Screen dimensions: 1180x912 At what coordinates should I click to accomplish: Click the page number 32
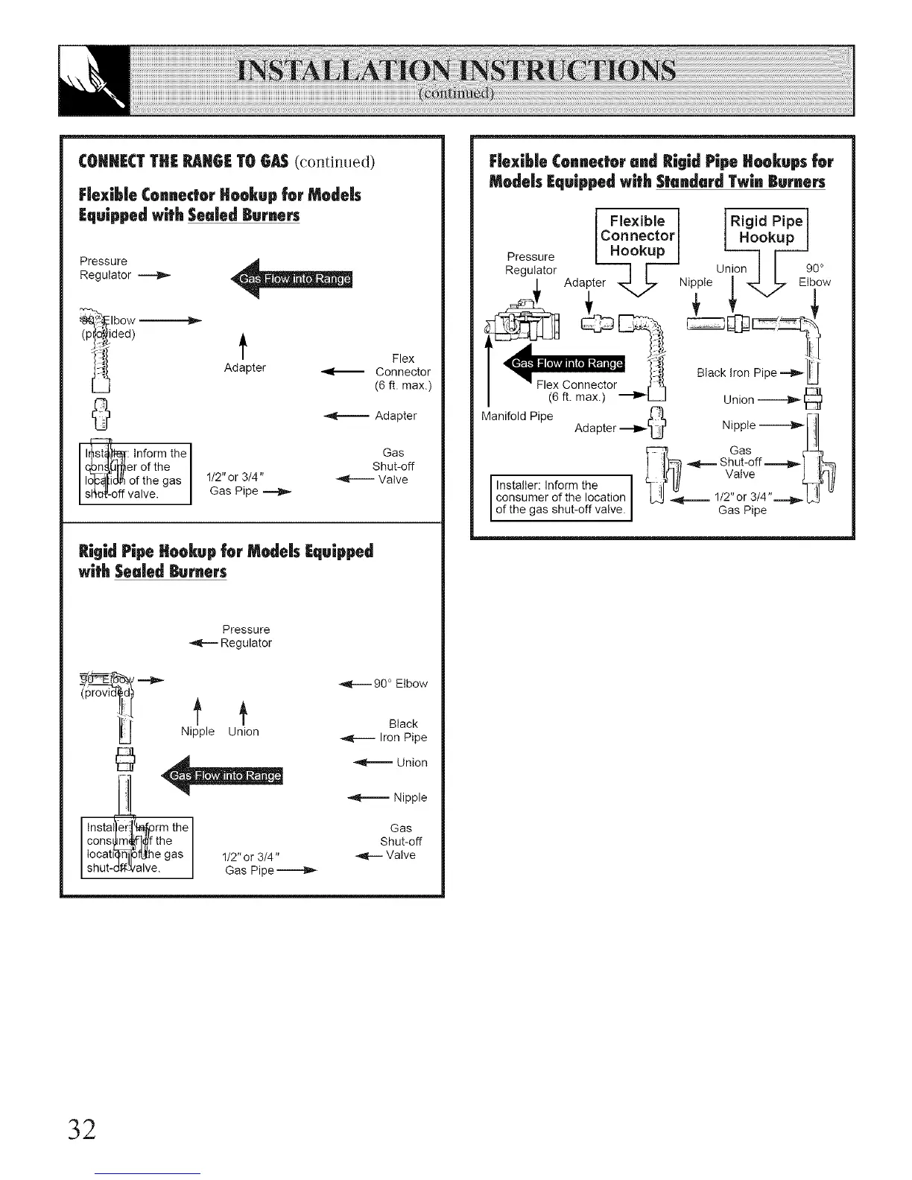coord(81,1129)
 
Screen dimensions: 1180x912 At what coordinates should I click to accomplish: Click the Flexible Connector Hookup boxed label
coord(637,235)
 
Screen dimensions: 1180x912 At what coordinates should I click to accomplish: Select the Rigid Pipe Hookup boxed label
coord(766,229)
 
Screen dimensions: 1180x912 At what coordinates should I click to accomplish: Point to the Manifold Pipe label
coord(517,416)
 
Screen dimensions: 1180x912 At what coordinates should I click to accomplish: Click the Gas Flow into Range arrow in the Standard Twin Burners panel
coord(566,363)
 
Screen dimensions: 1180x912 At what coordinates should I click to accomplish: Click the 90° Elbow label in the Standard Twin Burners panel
coord(814,275)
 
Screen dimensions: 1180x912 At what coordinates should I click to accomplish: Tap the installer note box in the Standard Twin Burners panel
coord(560,497)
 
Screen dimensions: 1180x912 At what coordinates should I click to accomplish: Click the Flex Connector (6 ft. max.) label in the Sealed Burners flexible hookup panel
coord(403,372)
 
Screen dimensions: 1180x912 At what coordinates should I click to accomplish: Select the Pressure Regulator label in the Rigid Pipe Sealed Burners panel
coord(246,636)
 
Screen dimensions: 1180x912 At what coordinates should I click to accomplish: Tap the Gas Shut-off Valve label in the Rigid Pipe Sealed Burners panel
coord(401,841)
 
